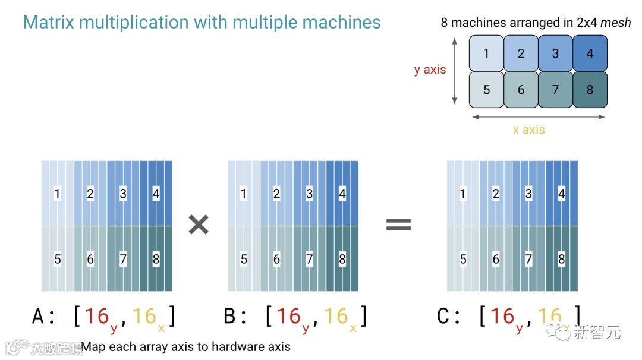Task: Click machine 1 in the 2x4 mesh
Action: (x=486, y=53)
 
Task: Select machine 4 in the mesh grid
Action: (x=590, y=53)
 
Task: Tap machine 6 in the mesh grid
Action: (x=521, y=90)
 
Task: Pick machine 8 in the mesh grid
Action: (x=590, y=90)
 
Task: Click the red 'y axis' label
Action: (x=430, y=70)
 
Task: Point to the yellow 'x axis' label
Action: (x=528, y=130)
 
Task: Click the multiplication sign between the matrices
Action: (x=199, y=225)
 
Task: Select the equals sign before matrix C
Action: (x=398, y=225)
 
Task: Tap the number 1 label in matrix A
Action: (x=57, y=194)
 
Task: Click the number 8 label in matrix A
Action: (x=156, y=259)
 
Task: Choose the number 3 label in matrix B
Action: (x=309, y=194)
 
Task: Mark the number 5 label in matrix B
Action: (x=244, y=259)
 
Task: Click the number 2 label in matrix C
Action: (x=496, y=194)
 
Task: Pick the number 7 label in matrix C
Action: (x=528, y=259)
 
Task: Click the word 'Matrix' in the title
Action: (x=49, y=23)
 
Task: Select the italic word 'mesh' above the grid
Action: (x=616, y=23)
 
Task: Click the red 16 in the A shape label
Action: (x=96, y=316)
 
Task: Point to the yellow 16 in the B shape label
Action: (x=335, y=316)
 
